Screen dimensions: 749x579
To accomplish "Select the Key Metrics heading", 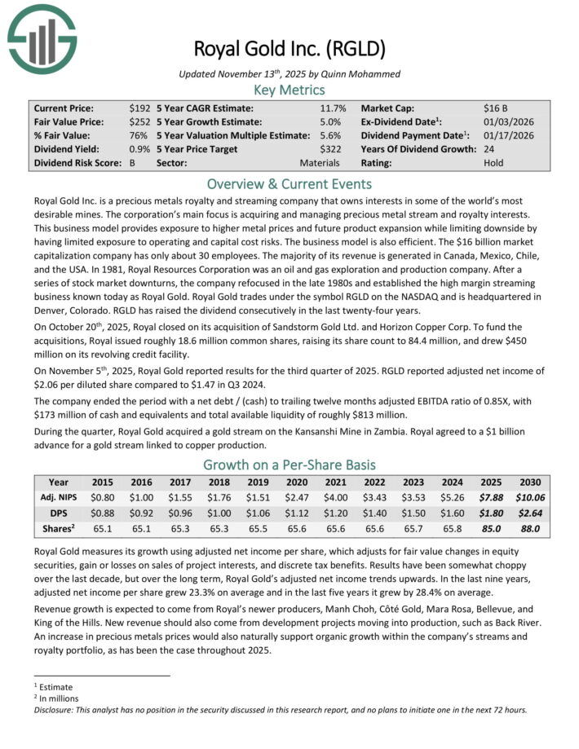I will coord(289,90).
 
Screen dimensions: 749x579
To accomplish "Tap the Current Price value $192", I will coord(139,108).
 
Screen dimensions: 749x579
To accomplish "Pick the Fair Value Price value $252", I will coord(139,121).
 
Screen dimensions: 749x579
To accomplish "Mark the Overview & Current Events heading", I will coord(289,183).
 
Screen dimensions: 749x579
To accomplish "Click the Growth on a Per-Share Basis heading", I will coord(289,465).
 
